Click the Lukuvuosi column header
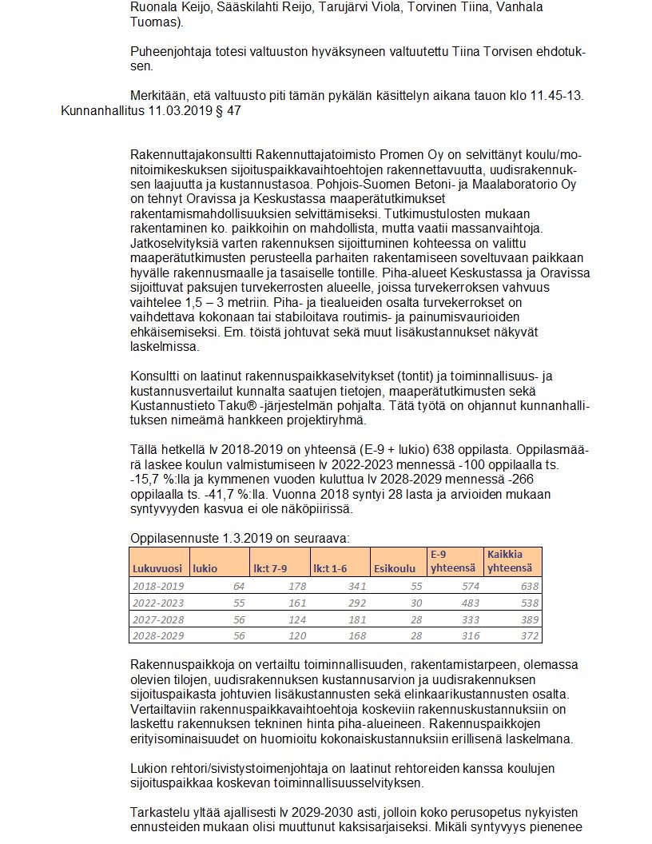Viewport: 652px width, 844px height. pyautogui.click(x=157, y=568)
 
